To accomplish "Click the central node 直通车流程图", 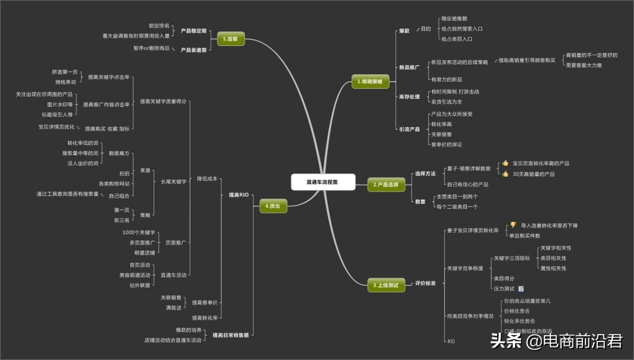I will click(323, 182).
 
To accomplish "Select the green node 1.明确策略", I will click(370, 81).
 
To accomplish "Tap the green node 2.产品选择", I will click(386, 185).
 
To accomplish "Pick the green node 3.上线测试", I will click(386, 286).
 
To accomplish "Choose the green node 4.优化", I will click(273, 206).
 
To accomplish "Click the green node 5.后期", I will click(230, 39).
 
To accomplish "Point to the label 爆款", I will click(404, 31).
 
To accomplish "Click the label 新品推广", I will click(409, 67).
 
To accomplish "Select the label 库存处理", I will click(409, 97).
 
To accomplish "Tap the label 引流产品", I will click(409, 129).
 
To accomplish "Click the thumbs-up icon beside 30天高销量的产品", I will click(505, 174).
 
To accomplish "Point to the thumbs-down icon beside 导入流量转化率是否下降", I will click(513, 225).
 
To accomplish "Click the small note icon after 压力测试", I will click(521, 289).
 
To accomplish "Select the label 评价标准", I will click(425, 283).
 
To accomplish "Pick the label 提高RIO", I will click(238, 195).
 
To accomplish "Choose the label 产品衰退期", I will click(193, 50).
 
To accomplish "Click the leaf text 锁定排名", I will click(159, 25).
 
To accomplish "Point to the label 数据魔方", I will click(119, 153).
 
